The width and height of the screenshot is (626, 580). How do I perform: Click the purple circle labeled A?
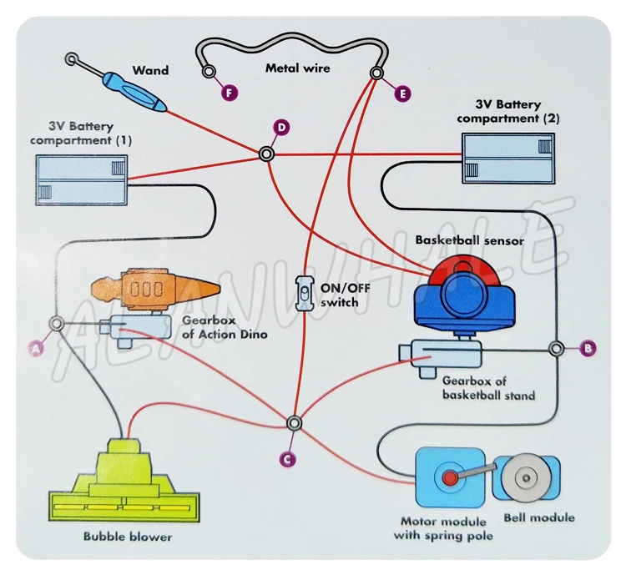[36, 350]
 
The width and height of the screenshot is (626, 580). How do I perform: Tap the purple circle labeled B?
[588, 346]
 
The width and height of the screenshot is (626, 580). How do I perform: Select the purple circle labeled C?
[286, 456]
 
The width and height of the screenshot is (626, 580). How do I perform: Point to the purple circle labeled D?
[281, 127]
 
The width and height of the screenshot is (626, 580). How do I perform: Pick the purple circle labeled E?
[401, 94]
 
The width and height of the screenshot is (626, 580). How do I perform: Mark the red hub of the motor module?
[449, 478]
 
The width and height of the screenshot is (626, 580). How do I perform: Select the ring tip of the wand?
[73, 59]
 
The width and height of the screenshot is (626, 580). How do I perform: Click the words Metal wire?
[297, 68]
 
